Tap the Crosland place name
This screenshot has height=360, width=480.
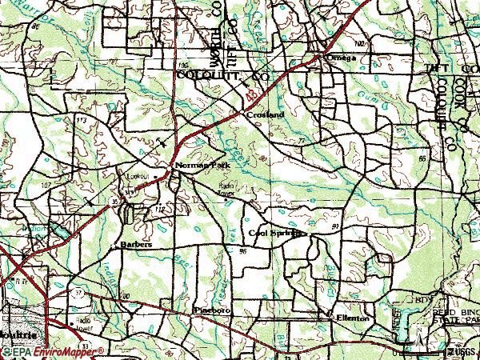pos(265,115)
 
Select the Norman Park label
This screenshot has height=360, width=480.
pos(195,166)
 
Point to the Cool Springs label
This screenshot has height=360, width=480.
pos(276,234)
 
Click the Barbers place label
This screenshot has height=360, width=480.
pos(136,244)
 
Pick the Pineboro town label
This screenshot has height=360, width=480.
pos(212,309)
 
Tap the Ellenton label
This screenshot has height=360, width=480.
pos(352,318)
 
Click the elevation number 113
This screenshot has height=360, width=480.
pos(81,119)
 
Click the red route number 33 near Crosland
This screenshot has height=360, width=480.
pos(254,94)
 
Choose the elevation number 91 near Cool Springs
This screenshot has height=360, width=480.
pos(334,227)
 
